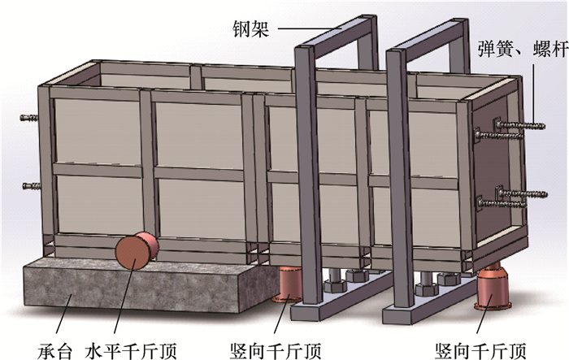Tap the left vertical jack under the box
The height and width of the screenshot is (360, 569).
pyautogui.click(x=289, y=284)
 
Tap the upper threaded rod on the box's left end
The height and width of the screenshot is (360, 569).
pyautogui.click(x=30, y=118)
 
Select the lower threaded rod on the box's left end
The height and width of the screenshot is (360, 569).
pyautogui.click(x=30, y=186)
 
